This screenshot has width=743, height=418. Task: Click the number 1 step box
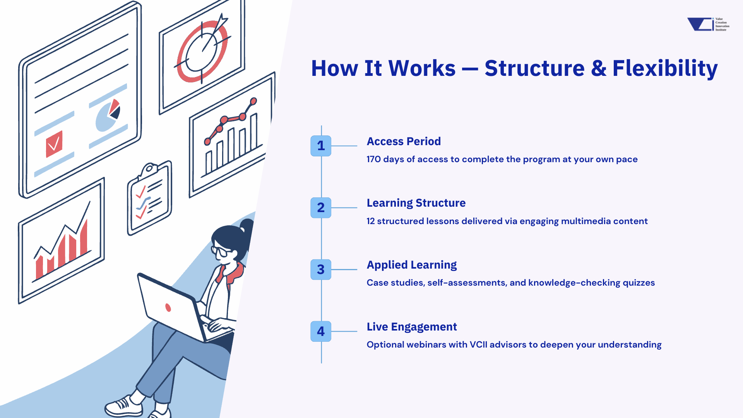[x=321, y=146]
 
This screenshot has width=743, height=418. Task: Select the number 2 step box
[x=321, y=208]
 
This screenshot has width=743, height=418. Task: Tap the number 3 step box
[x=321, y=269]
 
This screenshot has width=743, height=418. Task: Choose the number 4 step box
[x=321, y=331]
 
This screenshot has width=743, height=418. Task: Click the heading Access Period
[x=404, y=141]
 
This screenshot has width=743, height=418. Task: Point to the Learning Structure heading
[x=416, y=203]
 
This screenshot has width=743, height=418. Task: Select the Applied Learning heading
[x=412, y=265]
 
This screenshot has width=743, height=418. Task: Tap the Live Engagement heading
[x=412, y=327]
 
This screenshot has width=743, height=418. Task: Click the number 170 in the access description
[x=374, y=159]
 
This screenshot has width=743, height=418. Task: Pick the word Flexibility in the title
[x=665, y=69]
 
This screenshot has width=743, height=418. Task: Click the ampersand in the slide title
[x=598, y=69]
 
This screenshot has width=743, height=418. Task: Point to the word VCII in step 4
[x=478, y=344]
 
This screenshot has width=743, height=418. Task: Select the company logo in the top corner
[x=708, y=24]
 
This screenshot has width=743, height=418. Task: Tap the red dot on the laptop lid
[x=168, y=307]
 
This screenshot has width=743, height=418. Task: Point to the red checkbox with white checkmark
[x=54, y=144]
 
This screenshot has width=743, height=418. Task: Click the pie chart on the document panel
[x=108, y=115]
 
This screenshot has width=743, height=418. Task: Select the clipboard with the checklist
[x=149, y=198]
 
